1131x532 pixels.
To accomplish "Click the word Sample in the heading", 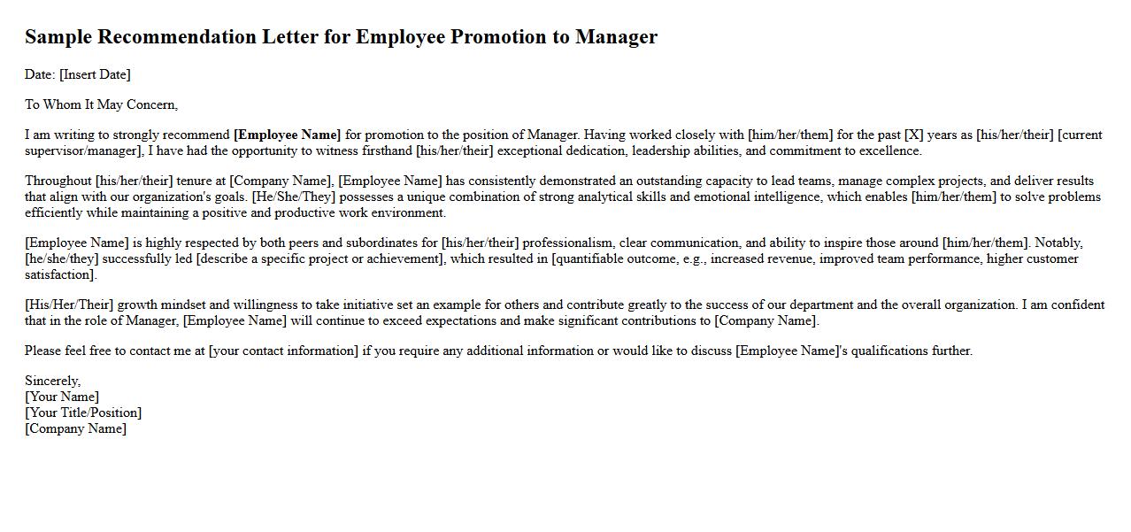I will (58, 37).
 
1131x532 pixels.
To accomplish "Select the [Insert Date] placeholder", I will (95, 74).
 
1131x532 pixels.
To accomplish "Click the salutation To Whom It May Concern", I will (101, 104).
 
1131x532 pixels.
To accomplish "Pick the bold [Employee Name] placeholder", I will (287, 135).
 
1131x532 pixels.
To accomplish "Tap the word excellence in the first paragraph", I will (889, 150).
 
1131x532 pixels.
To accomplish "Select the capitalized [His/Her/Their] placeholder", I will (69, 305).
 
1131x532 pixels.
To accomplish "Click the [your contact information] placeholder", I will (283, 351).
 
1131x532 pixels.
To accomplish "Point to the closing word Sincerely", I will (52, 381).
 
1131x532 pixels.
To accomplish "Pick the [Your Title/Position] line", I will (83, 412).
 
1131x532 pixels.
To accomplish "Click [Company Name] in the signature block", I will (75, 428).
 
